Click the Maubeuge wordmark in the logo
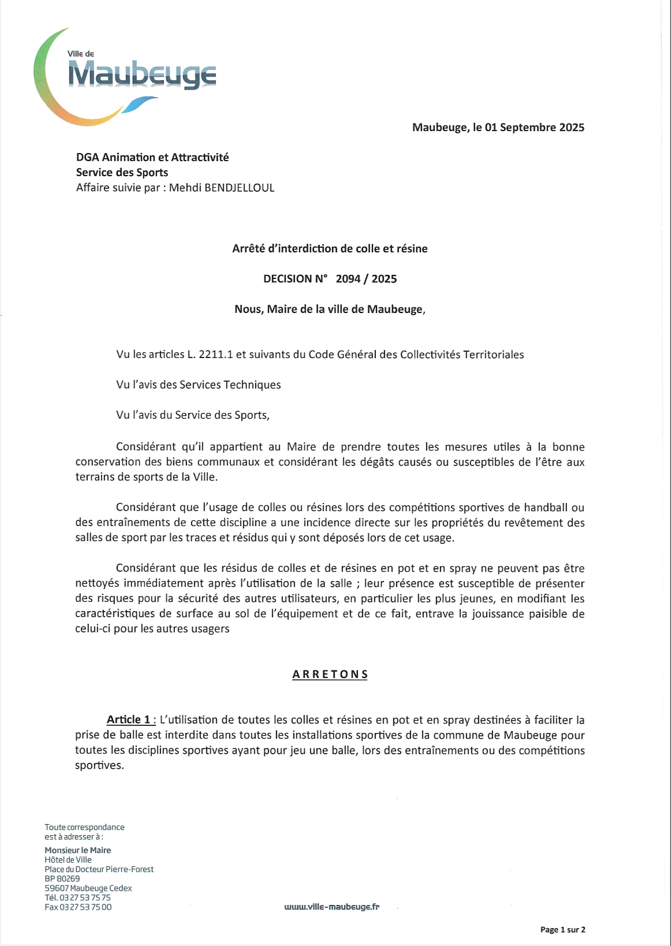coord(142,75)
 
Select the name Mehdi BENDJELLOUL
coord(222,188)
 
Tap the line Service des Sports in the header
coord(122,173)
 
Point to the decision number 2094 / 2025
coord(366,279)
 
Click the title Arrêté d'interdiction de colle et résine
coord(330,249)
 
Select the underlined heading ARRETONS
coord(330,675)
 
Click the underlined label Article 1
coord(131,720)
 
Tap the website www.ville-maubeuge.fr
coord(331,907)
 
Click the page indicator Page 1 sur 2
coord(562,930)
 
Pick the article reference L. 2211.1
coord(210,355)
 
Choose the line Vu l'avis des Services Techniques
coord(198,385)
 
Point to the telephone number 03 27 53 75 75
coord(85,897)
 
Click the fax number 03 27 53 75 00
coord(85,907)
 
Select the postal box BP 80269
coord(62,878)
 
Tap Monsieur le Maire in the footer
coord(78,850)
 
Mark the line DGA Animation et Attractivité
coord(152,157)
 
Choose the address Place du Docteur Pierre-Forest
coord(99,869)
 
